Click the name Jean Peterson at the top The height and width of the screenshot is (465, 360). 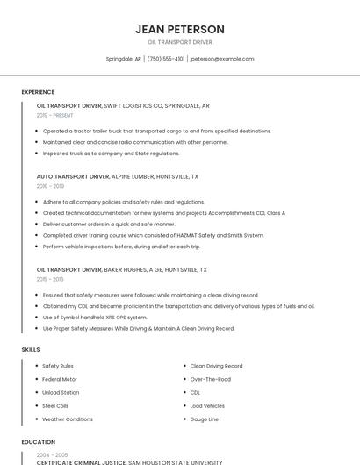180,29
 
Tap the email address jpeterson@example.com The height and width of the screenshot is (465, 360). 222,59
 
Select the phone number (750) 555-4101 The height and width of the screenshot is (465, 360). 166,59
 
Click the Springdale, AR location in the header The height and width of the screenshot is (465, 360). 124,59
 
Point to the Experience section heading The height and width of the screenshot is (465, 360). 38,92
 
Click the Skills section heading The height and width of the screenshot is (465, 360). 31,349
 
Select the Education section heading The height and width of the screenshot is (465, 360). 39,442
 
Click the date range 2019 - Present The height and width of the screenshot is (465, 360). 54,115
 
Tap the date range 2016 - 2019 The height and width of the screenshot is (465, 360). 50,186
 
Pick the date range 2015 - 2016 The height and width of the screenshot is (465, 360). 50,279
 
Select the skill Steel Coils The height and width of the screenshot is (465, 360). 54,406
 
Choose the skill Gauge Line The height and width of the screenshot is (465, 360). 204,419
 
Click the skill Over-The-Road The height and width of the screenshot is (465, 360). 210,379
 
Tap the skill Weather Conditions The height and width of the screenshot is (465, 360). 67,419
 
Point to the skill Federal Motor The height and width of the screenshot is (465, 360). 60,379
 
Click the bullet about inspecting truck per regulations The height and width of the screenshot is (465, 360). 111,153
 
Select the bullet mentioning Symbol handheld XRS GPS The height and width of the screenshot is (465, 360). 95,317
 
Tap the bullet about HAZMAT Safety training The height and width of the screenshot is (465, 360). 153,235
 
